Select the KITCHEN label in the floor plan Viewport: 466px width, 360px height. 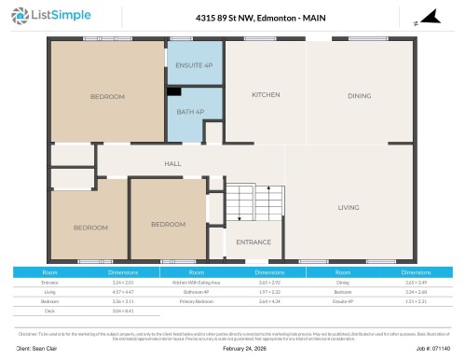pyautogui.click(x=266, y=95)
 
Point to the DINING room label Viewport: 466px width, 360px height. pyautogui.click(x=359, y=95)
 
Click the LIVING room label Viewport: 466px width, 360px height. pyautogui.click(x=349, y=207)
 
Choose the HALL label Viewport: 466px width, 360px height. pyautogui.click(x=172, y=163)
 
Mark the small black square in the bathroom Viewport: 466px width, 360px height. pyautogui.click(x=173, y=91)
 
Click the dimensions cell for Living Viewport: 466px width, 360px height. pyautogui.click(x=123, y=291)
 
